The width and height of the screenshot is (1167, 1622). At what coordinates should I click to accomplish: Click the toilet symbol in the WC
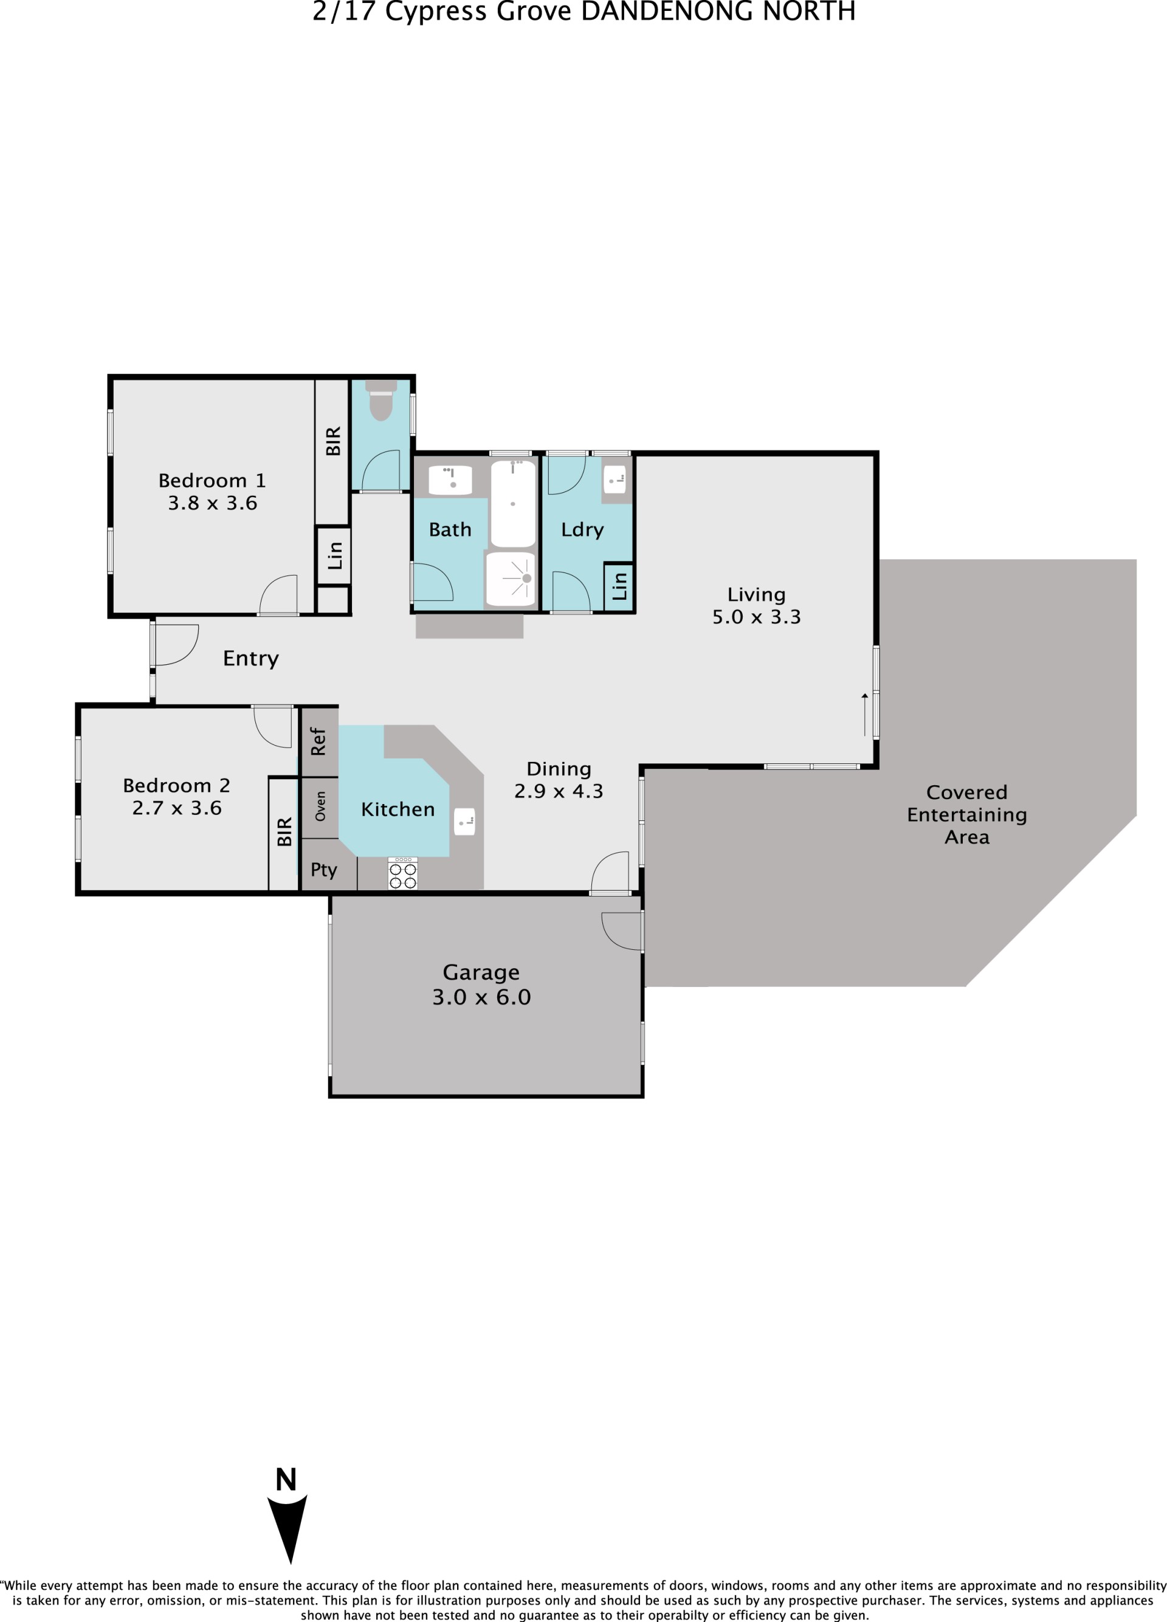(x=380, y=400)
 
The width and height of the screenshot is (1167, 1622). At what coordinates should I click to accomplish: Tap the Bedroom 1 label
(x=212, y=481)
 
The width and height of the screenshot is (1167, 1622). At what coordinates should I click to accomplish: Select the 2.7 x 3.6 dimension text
(x=177, y=808)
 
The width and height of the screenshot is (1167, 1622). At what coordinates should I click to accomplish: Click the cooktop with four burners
(x=402, y=873)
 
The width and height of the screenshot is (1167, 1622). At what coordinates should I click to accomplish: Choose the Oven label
(x=320, y=805)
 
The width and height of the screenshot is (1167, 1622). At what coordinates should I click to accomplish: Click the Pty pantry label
(x=323, y=870)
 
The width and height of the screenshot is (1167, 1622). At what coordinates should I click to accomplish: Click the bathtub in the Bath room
(x=513, y=503)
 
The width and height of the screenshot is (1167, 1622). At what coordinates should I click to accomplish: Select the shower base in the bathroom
(x=511, y=579)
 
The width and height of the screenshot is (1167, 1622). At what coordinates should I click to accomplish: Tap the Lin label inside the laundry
(x=619, y=586)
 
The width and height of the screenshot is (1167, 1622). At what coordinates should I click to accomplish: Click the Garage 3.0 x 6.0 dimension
(x=481, y=997)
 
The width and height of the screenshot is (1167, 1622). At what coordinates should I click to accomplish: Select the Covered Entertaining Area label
(x=967, y=814)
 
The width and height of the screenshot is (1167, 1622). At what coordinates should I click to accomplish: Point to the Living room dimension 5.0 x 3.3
(x=757, y=616)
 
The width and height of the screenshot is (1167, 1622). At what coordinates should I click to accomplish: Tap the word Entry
(x=251, y=659)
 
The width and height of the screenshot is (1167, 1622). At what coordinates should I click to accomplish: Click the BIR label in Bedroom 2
(x=284, y=832)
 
